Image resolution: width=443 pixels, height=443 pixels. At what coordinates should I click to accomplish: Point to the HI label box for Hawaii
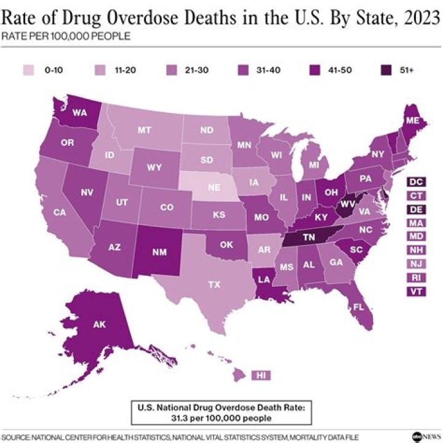point(261,375)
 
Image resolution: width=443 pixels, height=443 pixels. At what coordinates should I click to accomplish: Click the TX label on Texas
point(214,285)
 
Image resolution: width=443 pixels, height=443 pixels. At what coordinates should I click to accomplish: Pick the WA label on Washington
point(79,113)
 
